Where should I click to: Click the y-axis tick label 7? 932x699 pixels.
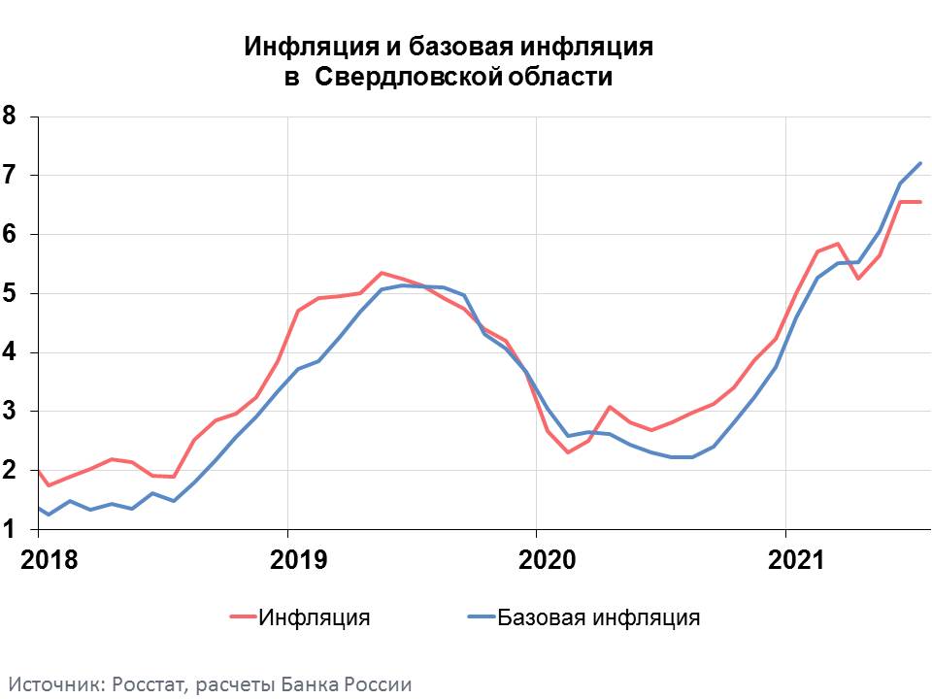[x=10, y=176]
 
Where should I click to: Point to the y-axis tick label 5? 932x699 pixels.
[x=10, y=294]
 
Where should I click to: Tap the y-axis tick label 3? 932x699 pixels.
[x=10, y=412]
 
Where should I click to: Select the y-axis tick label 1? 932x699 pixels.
[x=10, y=530]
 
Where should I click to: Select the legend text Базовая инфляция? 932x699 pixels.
[x=598, y=617]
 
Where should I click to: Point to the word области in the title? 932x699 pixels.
[x=558, y=78]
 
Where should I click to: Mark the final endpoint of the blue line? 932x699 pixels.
[x=920, y=163]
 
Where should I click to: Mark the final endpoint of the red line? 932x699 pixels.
[x=920, y=202]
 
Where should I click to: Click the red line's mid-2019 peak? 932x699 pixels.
[x=382, y=273]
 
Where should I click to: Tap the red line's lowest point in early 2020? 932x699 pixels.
[x=568, y=452]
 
